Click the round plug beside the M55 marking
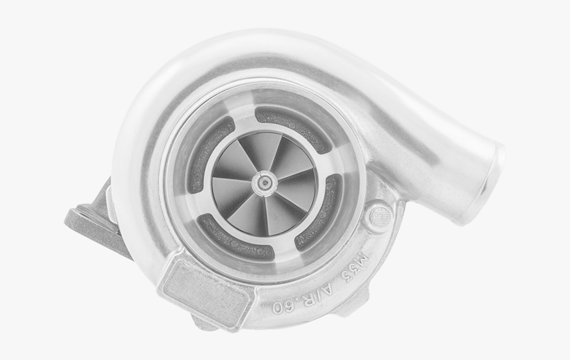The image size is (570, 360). coord(380,215)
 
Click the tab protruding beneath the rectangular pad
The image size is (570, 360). coord(205,323)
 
